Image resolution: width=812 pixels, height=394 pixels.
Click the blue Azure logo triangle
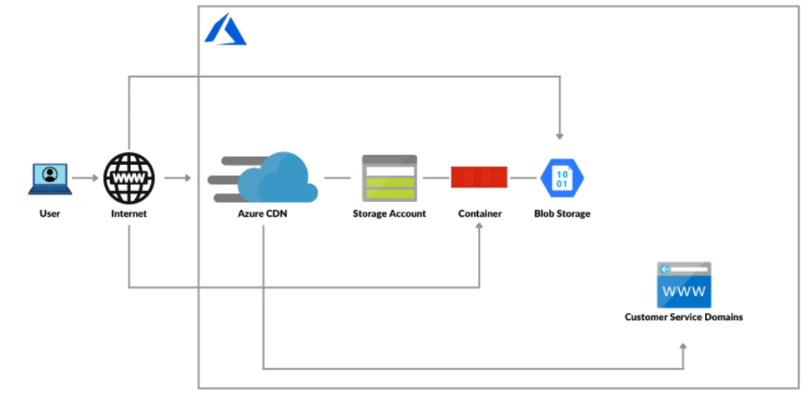(225, 31)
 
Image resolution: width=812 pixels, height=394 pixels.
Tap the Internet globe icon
(129, 177)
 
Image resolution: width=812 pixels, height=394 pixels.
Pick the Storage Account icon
(389, 178)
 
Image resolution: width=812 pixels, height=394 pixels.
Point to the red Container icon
(479, 177)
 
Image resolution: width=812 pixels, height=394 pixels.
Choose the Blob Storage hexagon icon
(562, 177)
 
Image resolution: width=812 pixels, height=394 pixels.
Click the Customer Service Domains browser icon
(683, 285)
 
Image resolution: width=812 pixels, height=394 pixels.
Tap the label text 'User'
(50, 214)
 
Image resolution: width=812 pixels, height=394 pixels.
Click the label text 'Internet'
(129, 214)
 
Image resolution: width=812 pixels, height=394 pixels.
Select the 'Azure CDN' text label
(262, 214)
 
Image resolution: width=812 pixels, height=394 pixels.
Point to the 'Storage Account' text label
(389, 214)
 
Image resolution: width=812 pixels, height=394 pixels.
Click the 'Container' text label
(479, 214)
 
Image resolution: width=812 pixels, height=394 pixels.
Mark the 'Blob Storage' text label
(562, 214)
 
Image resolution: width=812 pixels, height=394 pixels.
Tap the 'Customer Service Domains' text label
(683, 317)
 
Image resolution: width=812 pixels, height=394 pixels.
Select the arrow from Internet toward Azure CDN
(177, 177)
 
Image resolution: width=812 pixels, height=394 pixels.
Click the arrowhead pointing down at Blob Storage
(560, 135)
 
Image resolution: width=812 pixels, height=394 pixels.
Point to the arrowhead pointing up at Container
(479, 226)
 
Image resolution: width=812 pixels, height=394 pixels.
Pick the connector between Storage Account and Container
(435, 177)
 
